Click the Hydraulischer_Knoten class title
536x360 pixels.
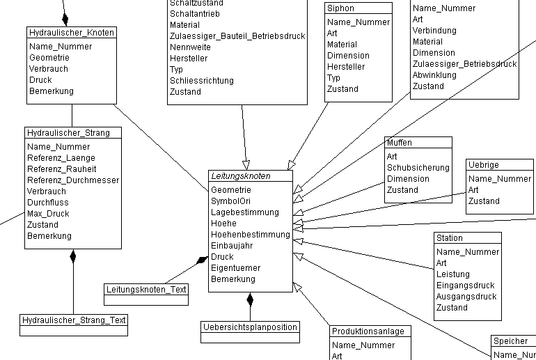tap(72, 33)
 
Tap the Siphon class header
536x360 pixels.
tap(340, 8)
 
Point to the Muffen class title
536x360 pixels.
tap(400, 142)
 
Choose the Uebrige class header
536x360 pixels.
tap(483, 165)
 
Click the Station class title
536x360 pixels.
tap(449, 238)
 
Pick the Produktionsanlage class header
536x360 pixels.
tap(368, 331)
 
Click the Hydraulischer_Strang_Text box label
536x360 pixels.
tap(74, 320)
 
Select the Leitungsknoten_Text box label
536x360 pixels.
tap(147, 290)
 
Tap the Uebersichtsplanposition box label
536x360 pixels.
tap(251, 327)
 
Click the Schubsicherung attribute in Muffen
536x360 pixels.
tap(418, 168)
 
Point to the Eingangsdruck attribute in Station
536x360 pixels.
tap(465, 285)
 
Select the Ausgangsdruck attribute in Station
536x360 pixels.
tap(466, 297)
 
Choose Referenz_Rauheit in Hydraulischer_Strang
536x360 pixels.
tap(61, 169)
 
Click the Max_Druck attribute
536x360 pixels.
tap(48, 214)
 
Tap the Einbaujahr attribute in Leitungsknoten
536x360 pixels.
tap(232, 246)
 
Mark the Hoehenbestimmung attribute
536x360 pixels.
tap(250, 235)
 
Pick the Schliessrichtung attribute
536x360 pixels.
tap(201, 81)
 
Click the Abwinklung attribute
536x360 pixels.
tap(434, 75)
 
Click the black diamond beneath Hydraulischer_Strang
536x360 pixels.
tap(72, 257)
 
